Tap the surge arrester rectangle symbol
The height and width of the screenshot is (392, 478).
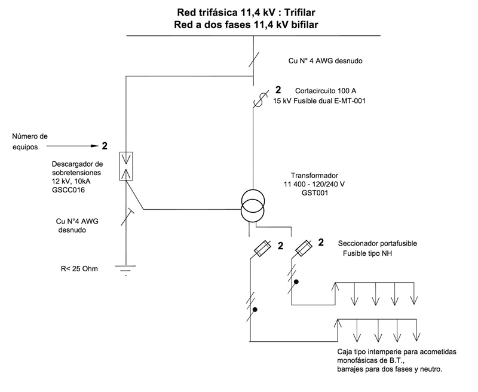click(127, 165)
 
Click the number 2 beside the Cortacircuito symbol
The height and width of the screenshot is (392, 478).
click(277, 91)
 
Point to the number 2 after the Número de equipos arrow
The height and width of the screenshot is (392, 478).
click(105, 145)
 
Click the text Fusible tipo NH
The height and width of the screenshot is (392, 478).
click(371, 253)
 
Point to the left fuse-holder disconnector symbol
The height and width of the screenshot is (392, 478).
click(262, 248)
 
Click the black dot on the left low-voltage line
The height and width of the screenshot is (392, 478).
click(255, 309)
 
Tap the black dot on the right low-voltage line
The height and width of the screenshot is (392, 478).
click(295, 280)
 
